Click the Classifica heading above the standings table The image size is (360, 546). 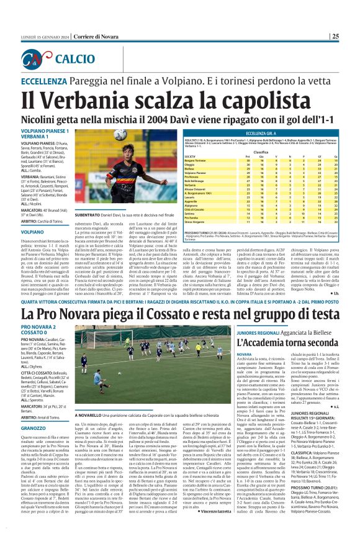(261, 151)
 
